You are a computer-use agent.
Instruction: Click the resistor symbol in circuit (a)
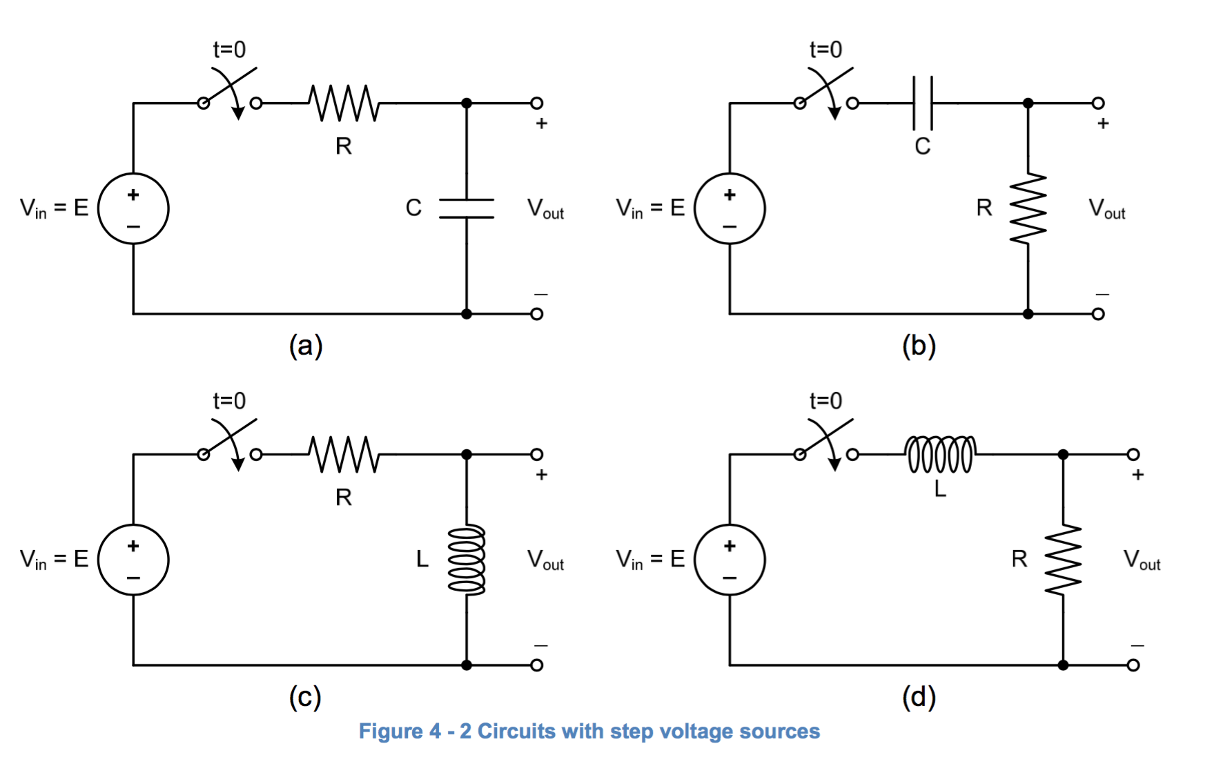coord(344,104)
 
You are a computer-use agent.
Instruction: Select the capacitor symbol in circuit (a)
coord(467,208)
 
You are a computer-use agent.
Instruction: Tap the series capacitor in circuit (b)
coord(923,104)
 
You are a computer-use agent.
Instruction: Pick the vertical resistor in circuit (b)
coord(1028,208)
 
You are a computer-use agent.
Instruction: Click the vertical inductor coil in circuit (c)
coord(467,560)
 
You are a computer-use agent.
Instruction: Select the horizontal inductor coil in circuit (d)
coord(940,454)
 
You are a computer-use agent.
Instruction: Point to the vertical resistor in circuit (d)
coord(1063,560)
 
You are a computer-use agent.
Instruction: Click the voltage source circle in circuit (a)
coord(133,208)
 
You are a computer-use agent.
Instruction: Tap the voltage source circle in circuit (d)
coord(730,560)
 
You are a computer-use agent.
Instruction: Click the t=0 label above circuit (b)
coord(825,50)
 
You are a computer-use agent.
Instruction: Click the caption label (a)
coord(306,346)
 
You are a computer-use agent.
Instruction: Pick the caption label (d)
coord(919,697)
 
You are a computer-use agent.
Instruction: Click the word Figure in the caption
coord(391,732)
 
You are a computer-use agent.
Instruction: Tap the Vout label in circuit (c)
coord(545,560)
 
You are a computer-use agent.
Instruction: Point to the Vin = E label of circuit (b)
coord(650,208)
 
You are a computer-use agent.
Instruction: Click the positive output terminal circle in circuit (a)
coord(536,104)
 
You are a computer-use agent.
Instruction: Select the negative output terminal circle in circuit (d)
coord(1133,665)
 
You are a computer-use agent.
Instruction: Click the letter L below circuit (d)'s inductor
coord(940,489)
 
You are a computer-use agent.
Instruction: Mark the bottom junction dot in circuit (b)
coord(1028,314)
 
